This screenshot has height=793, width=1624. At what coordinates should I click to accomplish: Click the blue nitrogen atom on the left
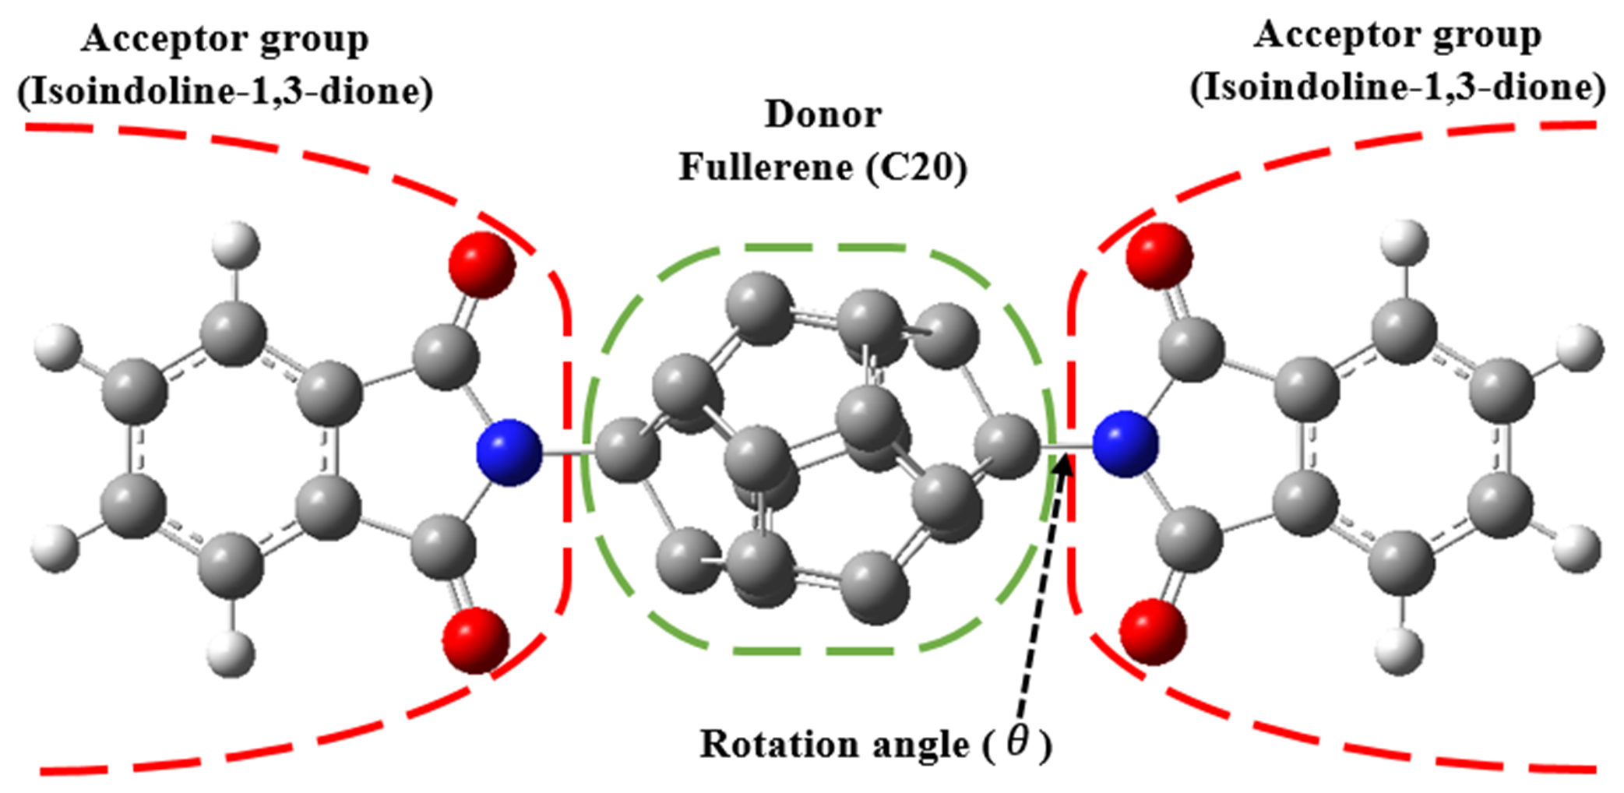click(x=509, y=453)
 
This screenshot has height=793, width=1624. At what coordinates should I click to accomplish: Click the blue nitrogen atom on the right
click(x=1125, y=444)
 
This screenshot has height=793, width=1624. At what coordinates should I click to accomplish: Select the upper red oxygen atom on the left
click(x=481, y=265)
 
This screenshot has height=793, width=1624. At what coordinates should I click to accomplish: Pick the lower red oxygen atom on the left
click(x=476, y=641)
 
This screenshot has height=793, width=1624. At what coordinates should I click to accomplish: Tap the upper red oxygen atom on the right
click(x=1159, y=256)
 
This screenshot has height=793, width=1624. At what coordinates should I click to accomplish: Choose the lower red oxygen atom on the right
click(x=1154, y=632)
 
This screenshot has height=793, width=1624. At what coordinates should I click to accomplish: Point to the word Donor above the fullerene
click(x=823, y=115)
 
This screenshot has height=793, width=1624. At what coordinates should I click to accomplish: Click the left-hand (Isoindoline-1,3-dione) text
click(x=225, y=92)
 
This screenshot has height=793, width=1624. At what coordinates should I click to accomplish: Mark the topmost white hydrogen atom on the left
click(x=235, y=245)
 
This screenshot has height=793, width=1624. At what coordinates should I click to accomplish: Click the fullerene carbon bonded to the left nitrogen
click(x=628, y=449)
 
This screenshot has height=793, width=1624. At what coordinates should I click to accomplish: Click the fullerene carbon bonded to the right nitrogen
click(x=1008, y=446)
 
